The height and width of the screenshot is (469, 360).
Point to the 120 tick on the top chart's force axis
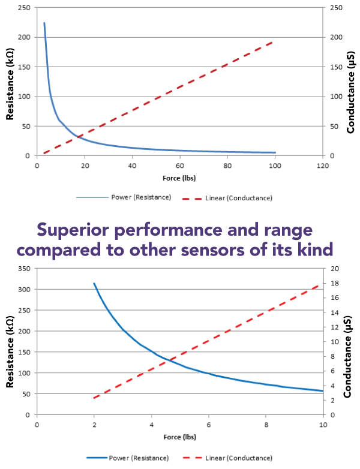322,166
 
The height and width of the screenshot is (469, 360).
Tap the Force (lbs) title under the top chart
179,178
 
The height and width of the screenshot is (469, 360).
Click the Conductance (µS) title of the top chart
351,81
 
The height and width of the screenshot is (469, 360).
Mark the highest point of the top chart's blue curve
44,23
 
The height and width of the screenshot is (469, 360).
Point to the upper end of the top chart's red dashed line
274,41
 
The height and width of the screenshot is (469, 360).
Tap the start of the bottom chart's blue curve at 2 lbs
94,283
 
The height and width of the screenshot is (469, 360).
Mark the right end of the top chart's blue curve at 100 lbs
275,152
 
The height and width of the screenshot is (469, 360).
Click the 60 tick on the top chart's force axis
179,166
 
